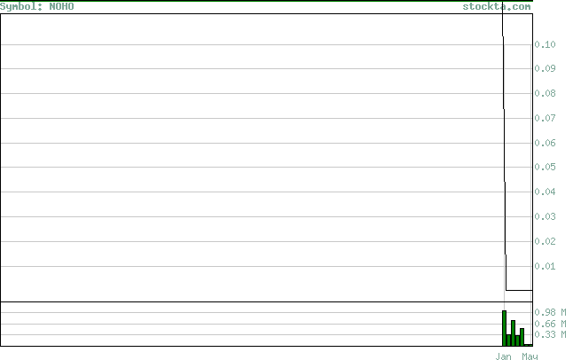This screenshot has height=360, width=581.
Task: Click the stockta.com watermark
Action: pyautogui.click(x=497, y=7)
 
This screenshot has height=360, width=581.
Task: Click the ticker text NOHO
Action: pyautogui.click(x=61, y=6)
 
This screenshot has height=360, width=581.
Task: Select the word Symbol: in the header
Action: pyautogui.click(x=21, y=7)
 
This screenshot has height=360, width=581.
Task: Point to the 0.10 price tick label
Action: pyautogui.click(x=545, y=44)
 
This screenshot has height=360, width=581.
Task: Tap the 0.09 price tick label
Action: pyautogui.click(x=545, y=68)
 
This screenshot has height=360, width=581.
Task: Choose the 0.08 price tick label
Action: pyautogui.click(x=545, y=93)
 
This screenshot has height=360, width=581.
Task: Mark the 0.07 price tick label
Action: pyautogui.click(x=545, y=118)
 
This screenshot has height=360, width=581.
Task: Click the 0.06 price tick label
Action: pyautogui.click(x=545, y=143)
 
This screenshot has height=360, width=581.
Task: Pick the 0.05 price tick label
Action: pyautogui.click(x=545, y=167)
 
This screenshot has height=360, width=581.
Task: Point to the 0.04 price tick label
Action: pyautogui.click(x=545, y=192)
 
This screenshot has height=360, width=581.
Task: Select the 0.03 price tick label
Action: pyautogui.click(x=545, y=216)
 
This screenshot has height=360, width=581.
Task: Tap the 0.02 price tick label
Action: pyautogui.click(x=545, y=241)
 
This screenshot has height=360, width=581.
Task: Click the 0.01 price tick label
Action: pyautogui.click(x=545, y=266)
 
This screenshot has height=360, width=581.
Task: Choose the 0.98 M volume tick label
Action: pyautogui.click(x=550, y=312)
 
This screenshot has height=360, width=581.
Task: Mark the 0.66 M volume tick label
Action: pyautogui.click(x=550, y=324)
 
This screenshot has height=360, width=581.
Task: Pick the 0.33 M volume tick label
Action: pyautogui.click(x=550, y=335)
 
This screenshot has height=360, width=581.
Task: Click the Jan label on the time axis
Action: pyautogui.click(x=504, y=356)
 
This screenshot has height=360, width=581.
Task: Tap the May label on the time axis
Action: pyautogui.click(x=530, y=356)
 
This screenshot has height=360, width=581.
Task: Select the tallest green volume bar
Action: pyautogui.click(x=505, y=328)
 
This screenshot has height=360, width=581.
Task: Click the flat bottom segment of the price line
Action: pyautogui.click(x=519, y=290)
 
